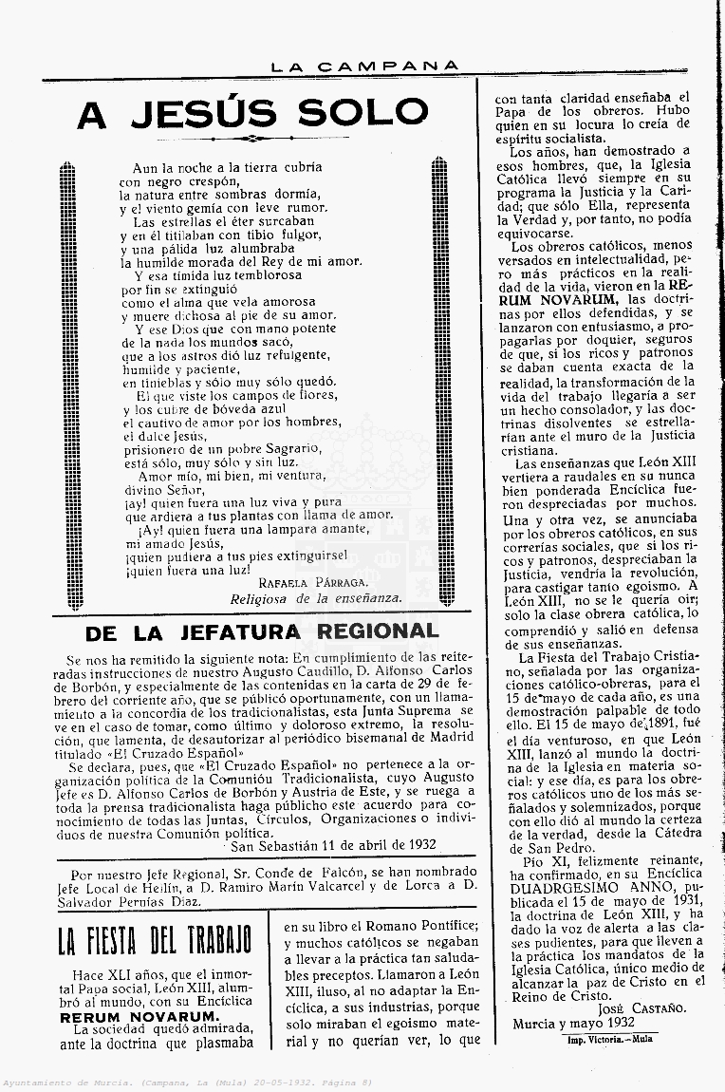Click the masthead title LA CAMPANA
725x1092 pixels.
364,66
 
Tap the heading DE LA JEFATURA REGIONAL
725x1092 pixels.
262,631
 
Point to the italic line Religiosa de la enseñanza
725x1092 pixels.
316,598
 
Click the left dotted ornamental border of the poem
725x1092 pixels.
66,380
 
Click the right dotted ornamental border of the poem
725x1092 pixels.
439,380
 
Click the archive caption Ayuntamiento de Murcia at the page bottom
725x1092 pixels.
71,1082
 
